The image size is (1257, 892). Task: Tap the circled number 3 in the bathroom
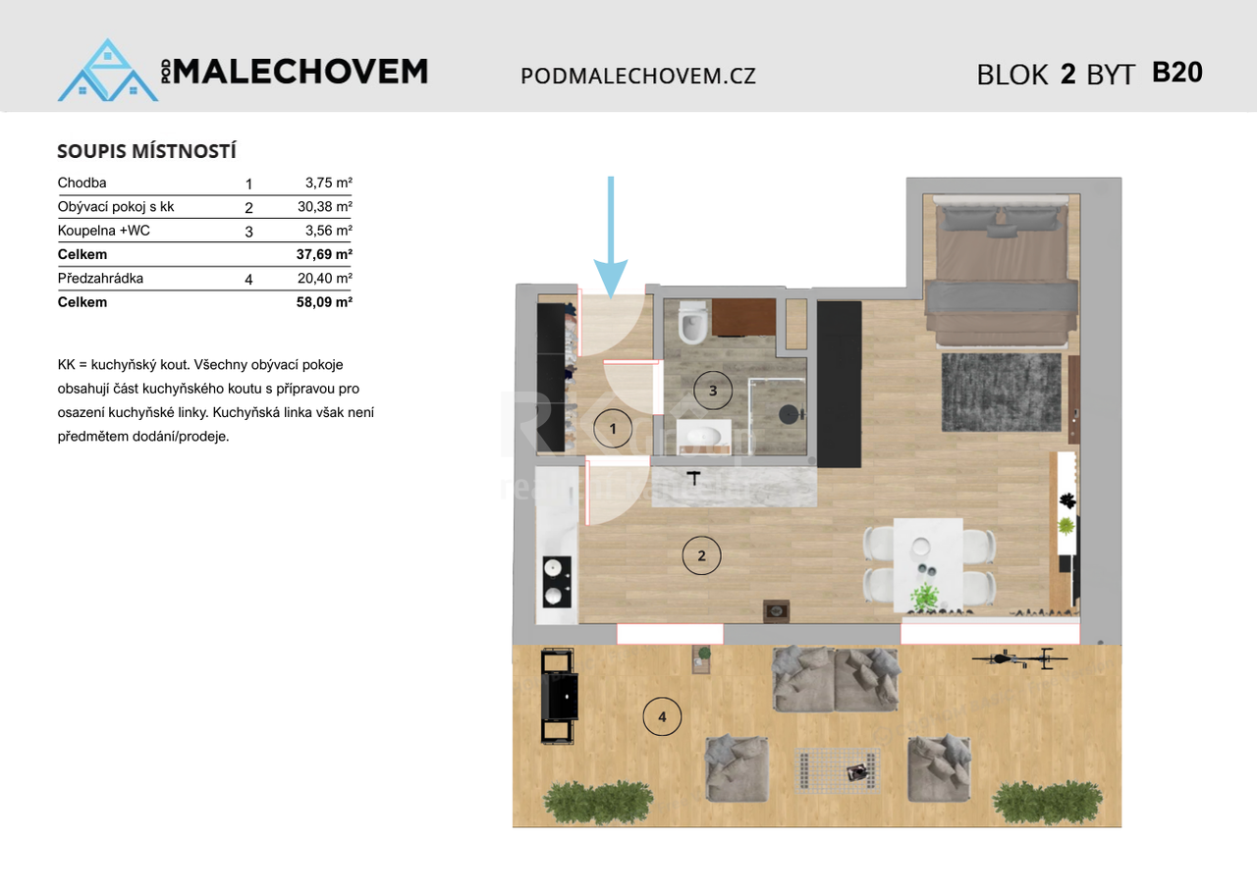tap(713, 391)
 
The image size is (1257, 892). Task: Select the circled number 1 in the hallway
tap(613, 429)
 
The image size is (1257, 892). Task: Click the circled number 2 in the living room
tap(701, 555)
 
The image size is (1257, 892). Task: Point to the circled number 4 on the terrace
tap(662, 716)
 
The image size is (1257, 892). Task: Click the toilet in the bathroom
tap(692, 323)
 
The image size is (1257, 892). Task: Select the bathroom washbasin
tap(704, 437)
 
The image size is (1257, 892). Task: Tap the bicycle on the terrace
tap(1019, 658)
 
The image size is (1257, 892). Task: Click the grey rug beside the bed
tap(1001, 393)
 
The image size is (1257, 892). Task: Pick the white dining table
tap(928, 564)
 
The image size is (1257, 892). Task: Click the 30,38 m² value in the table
tap(325, 206)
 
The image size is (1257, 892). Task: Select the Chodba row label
tap(82, 183)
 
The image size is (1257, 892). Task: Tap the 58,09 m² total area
tap(324, 302)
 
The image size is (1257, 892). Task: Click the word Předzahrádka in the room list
tap(100, 278)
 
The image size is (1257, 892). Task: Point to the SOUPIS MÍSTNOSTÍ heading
tap(147, 151)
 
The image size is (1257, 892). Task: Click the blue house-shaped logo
tap(108, 70)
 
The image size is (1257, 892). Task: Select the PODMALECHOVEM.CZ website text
tap(638, 77)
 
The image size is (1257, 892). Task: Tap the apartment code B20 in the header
tap(1177, 73)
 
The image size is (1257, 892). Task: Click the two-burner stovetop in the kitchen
tap(557, 582)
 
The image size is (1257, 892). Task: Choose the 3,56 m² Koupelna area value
tap(329, 231)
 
